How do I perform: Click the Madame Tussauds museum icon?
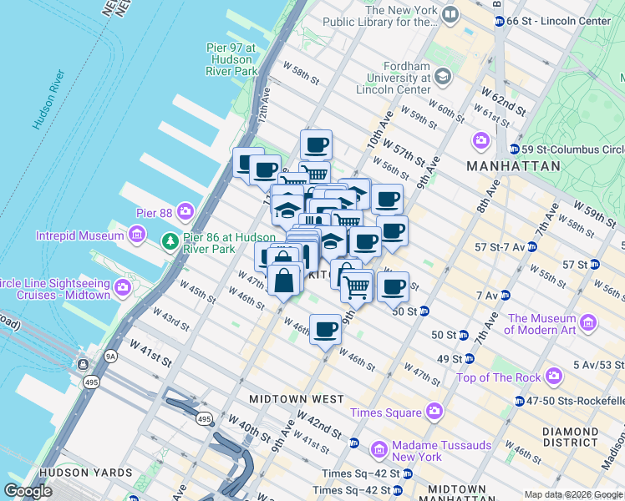[x=379, y=451]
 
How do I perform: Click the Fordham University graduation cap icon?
[x=442, y=78]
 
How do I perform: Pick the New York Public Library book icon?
[x=450, y=15]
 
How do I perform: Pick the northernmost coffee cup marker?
[x=316, y=144]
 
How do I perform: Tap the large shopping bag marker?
[x=284, y=280]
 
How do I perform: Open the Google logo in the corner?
[x=28, y=491]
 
